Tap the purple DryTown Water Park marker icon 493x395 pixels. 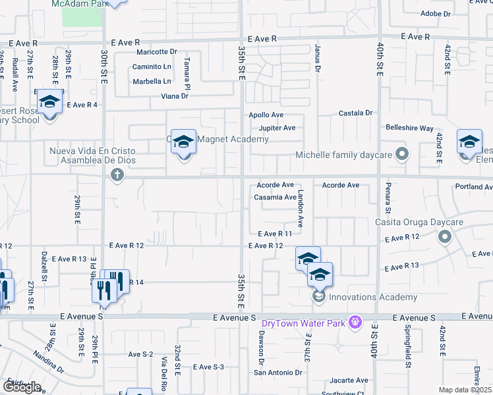pyautogui.click(x=355, y=322)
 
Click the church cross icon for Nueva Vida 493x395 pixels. pyautogui.click(x=117, y=175)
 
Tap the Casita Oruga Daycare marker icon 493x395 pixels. pyautogui.click(x=446, y=237)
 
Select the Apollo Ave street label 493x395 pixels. pyautogui.click(x=266, y=115)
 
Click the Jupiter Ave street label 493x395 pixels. pyautogui.click(x=277, y=128)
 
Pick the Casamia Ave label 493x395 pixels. pyautogui.click(x=275, y=197)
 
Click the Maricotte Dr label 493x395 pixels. pyautogui.click(x=157, y=52)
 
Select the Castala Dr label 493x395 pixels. pyautogui.click(x=356, y=113)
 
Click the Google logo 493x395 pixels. pyautogui.click(x=22, y=387)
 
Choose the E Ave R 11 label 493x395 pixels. pyautogui.click(x=275, y=234)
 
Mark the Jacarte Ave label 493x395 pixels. pyautogui.click(x=349, y=381)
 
